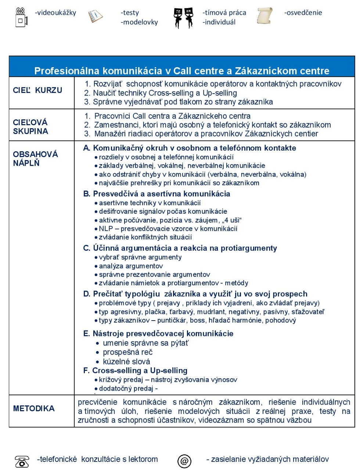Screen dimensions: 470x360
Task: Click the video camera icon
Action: tap(21, 17)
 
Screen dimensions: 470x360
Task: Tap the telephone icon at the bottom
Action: tap(22, 461)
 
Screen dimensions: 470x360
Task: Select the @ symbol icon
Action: tap(184, 461)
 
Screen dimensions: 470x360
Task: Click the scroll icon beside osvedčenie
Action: tap(264, 16)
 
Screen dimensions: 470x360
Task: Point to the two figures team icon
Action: tap(183, 18)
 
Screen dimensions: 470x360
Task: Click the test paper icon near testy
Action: tap(96, 16)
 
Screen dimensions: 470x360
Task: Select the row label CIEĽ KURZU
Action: tap(37, 90)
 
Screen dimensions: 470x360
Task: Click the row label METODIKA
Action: tap(34, 408)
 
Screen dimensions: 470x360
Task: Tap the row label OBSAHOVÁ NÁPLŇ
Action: tap(35, 159)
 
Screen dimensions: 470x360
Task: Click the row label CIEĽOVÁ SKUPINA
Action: tap(30, 127)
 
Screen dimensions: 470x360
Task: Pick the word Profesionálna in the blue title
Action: tap(67, 70)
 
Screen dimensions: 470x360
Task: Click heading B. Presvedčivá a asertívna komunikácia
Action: tap(157, 194)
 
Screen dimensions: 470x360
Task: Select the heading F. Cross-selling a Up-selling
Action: tap(136, 370)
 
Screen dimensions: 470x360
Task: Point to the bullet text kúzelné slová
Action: tap(126, 362)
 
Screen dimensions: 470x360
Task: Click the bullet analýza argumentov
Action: tap(131, 266)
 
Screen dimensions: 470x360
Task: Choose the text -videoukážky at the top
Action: tap(55, 12)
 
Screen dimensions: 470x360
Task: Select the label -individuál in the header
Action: tap(219, 22)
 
